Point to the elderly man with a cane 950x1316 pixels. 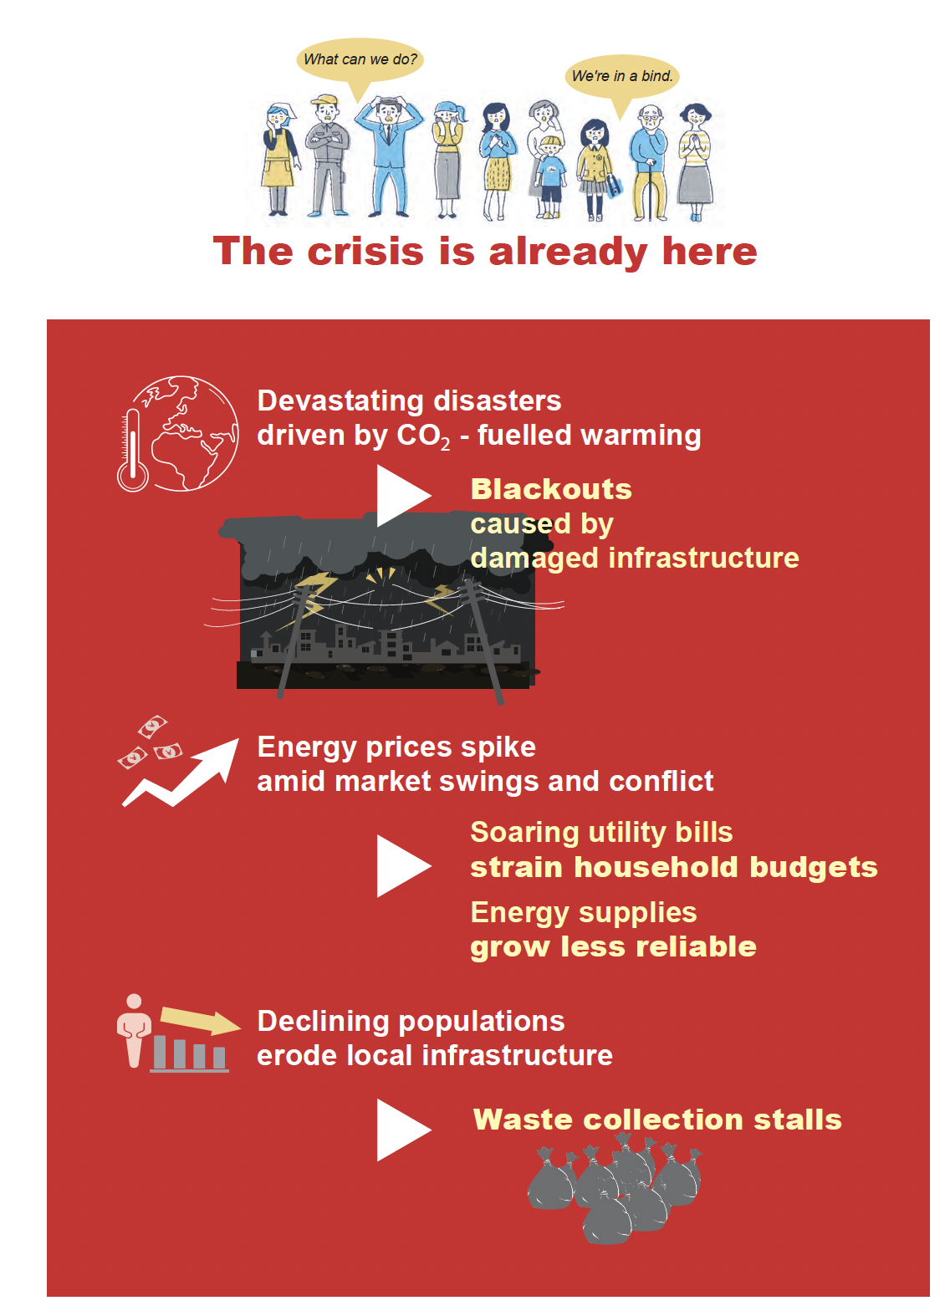pos(650,162)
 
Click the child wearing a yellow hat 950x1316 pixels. pos(550,177)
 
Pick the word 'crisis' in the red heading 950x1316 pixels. pos(365,252)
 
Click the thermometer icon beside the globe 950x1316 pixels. pos(133,450)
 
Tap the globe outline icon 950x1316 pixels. pos(188,433)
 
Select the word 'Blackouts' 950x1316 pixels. pos(551,489)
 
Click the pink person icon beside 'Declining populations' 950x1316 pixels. pos(134,1030)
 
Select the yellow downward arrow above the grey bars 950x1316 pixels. pos(200,1021)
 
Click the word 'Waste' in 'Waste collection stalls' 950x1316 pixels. pos(523,1120)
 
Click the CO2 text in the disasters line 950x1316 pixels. pos(424,436)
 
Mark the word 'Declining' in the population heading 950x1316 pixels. pos(323,1022)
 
